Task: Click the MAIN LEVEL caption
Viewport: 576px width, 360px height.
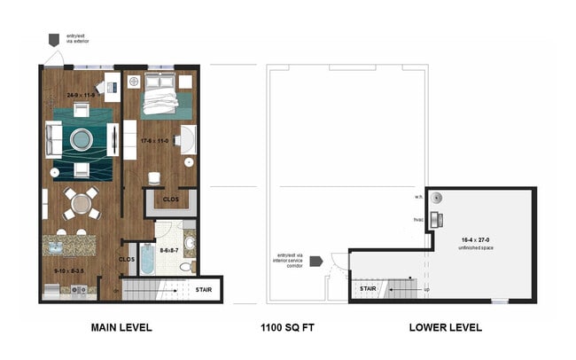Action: click(121, 327)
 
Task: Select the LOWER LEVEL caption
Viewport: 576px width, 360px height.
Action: click(445, 327)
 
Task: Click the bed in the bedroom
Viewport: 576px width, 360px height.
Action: click(160, 98)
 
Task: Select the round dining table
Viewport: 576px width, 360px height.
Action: click(82, 202)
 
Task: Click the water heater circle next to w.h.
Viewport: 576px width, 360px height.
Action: click(436, 199)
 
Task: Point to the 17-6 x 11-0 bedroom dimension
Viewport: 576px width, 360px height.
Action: click(158, 139)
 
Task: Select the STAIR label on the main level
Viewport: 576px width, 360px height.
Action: click(203, 289)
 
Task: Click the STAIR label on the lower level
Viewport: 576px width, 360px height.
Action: click(369, 289)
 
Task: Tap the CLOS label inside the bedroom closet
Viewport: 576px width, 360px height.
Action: click(170, 200)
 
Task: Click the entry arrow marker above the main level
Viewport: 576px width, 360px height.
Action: click(53, 40)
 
